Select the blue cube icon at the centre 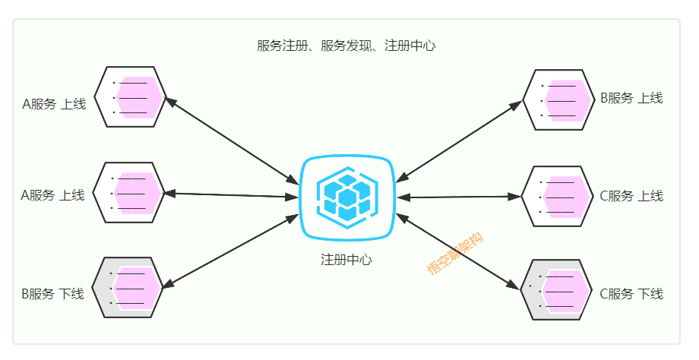coord(347,196)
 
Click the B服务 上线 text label coord(631,98)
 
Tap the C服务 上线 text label coord(631,196)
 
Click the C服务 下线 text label coord(631,293)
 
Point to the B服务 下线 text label coord(52,293)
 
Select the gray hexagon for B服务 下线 coord(128,287)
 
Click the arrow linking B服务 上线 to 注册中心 coord(460,140)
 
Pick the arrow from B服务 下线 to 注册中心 coord(232,251)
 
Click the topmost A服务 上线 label coord(54,103)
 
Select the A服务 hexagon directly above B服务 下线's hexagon coord(128,193)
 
